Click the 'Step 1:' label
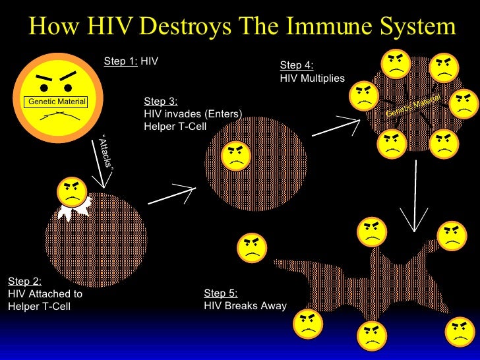point(121,61)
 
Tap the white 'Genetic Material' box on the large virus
point(57,102)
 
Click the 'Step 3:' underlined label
point(160,101)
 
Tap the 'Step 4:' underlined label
point(297,65)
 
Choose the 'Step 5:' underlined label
point(221,293)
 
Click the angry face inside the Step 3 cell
point(236,156)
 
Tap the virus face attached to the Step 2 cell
point(72,191)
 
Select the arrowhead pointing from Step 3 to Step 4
point(353,120)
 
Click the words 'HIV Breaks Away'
point(245,305)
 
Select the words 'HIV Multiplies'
point(312,78)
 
